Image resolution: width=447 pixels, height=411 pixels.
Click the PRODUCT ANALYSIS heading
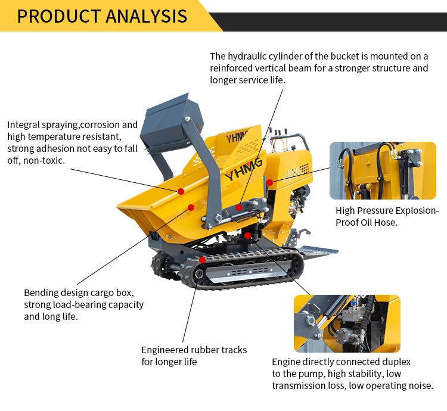102,16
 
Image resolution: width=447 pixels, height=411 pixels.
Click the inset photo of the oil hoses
383,170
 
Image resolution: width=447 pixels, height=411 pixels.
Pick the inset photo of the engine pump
347,323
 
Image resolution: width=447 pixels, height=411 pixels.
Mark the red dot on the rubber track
203,260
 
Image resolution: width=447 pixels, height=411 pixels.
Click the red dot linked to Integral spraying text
181,191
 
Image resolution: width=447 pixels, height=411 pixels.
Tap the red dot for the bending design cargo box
191,207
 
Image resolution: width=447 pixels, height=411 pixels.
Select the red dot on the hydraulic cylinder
238,207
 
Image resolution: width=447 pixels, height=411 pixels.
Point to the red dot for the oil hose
269,182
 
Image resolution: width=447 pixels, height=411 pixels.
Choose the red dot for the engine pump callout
247,235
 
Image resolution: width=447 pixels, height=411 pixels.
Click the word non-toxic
44,160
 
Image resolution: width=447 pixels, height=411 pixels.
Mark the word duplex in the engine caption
396,362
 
